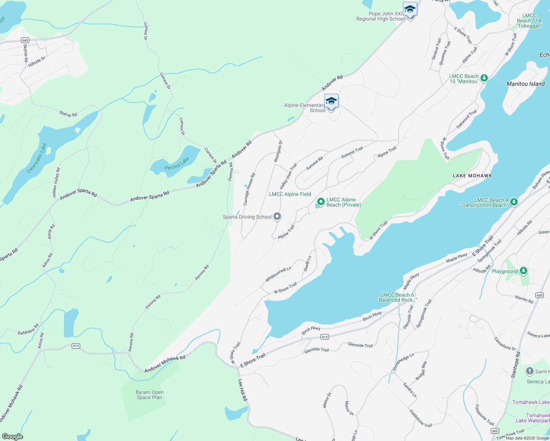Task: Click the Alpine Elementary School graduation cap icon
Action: [331, 101]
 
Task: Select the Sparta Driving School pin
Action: [277, 217]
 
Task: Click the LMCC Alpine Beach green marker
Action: [321, 201]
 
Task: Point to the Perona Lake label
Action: [177, 164]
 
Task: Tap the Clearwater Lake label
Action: [37, 158]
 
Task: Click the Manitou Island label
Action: [525, 84]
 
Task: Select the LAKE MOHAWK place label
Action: [472, 176]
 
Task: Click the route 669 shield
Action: [25, 40]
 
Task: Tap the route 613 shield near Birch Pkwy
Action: [325, 337]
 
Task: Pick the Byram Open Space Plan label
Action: [150, 395]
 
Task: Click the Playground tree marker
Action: [524, 271]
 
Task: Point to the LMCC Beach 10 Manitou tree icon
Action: [484, 78]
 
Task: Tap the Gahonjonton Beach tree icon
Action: [514, 201]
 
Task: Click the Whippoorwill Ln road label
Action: [278, 274]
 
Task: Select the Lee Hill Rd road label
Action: [243, 390]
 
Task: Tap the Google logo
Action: [12, 437]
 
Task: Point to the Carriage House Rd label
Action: [249, 189]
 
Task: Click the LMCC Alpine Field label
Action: [290, 194]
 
